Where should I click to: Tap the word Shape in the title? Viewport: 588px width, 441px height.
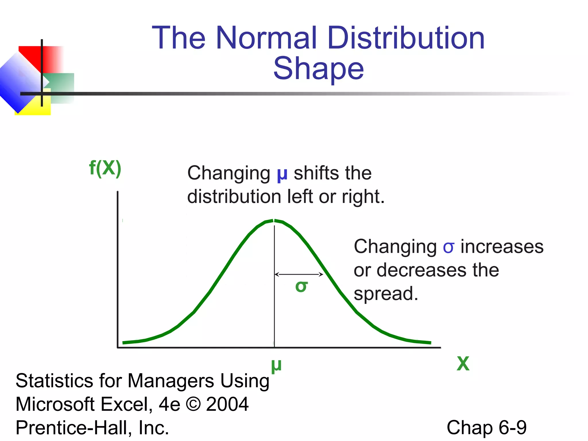click(x=319, y=68)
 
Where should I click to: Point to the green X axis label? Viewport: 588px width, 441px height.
click(x=463, y=364)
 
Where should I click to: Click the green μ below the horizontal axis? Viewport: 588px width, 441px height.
click(x=276, y=365)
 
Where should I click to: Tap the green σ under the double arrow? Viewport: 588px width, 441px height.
click(x=301, y=286)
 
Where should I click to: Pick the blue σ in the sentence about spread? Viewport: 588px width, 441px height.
click(x=448, y=247)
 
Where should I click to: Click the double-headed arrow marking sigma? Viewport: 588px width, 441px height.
click(x=299, y=274)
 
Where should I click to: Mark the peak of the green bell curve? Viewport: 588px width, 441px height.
click(x=274, y=220)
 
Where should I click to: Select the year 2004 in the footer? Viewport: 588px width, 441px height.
click(x=227, y=404)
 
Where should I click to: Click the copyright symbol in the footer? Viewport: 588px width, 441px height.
click(x=193, y=404)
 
